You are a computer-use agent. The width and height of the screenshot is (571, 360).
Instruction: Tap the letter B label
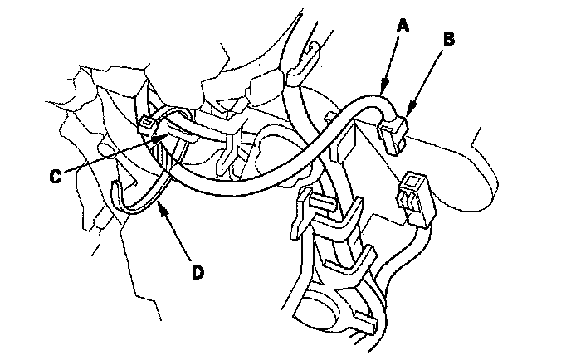448,37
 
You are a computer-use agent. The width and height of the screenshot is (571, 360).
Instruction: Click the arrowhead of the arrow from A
383,89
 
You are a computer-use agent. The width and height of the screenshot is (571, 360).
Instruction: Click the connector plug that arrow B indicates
392,134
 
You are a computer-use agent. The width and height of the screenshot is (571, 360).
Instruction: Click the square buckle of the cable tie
149,125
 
